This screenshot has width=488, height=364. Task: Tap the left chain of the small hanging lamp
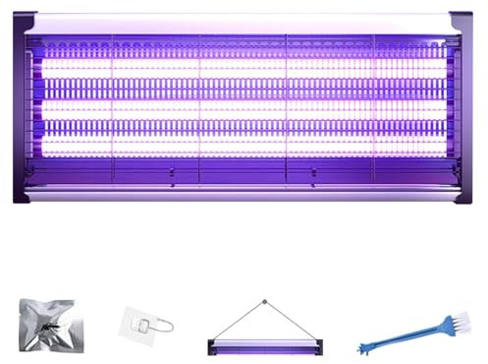(237, 321)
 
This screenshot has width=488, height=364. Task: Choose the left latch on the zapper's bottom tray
(172, 175)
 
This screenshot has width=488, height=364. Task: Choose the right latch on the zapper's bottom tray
(312, 175)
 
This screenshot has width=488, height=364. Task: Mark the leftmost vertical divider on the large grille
(112, 98)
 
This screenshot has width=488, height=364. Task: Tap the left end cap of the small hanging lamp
(212, 344)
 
